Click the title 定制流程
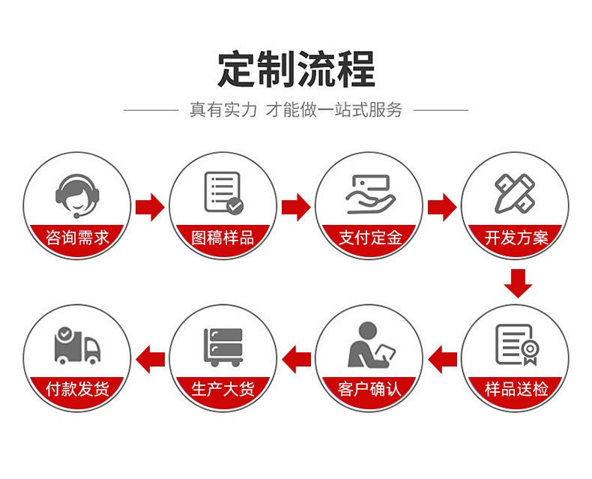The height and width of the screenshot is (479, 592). coord(296,69)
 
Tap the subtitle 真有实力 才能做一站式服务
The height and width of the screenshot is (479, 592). coord(296,110)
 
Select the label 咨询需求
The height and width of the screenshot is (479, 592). coord(77,238)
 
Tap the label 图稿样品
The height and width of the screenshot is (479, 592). coord(223,238)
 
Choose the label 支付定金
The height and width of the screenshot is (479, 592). coord(370,238)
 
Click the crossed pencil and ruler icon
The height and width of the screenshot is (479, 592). coord(515,193)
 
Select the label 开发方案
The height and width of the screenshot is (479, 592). coord(516,238)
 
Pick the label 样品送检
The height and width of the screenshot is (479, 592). coord(516,389)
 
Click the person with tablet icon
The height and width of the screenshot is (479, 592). coord(369,345)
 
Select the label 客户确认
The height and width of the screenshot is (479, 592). coord(370,389)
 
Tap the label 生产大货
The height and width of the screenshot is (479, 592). coord(223,389)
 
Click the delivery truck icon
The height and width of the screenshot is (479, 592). coord(76,346)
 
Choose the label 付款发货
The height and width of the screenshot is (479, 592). coord(77,389)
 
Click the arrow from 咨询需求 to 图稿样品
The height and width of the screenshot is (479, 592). coord(150,207)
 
